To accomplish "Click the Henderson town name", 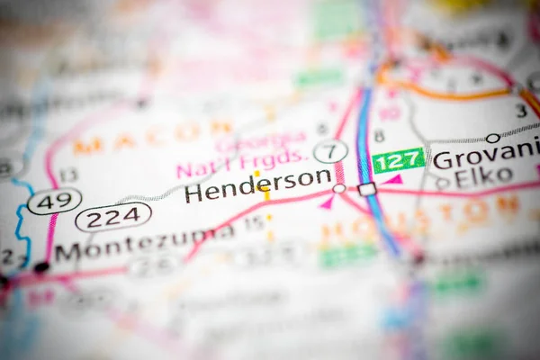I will [x=257, y=183].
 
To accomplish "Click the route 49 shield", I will [x=54, y=201].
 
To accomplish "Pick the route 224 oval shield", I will [x=113, y=216].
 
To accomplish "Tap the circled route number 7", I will [x=330, y=151].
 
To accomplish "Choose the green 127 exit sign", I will [x=398, y=160].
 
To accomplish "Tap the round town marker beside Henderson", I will [x=339, y=189].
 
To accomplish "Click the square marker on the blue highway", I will [x=367, y=189].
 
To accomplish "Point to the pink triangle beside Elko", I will [x=392, y=180].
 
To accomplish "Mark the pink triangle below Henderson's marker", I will [x=327, y=203].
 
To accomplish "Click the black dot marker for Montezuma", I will [x=40, y=267].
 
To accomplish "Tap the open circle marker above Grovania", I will [x=493, y=138].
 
